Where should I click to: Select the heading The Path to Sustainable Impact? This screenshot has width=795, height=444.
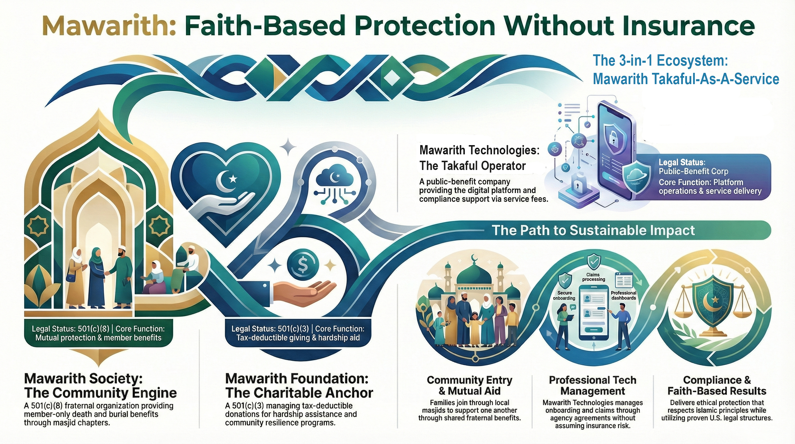593,230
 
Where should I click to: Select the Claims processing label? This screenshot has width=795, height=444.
593,277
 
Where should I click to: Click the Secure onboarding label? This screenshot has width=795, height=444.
564,295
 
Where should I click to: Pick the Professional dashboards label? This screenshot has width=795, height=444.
624,295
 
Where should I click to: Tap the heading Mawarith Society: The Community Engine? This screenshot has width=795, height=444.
100,386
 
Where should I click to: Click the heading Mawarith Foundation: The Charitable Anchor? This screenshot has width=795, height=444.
299,386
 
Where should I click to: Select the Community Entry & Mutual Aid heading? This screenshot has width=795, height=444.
469,385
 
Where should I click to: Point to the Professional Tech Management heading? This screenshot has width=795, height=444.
592,385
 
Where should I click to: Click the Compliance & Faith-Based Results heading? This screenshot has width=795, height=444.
717,385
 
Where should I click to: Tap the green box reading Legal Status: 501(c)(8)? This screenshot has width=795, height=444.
99,334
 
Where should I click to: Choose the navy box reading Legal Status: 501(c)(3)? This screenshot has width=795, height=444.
298,334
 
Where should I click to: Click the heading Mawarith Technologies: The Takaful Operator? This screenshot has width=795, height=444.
479,158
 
